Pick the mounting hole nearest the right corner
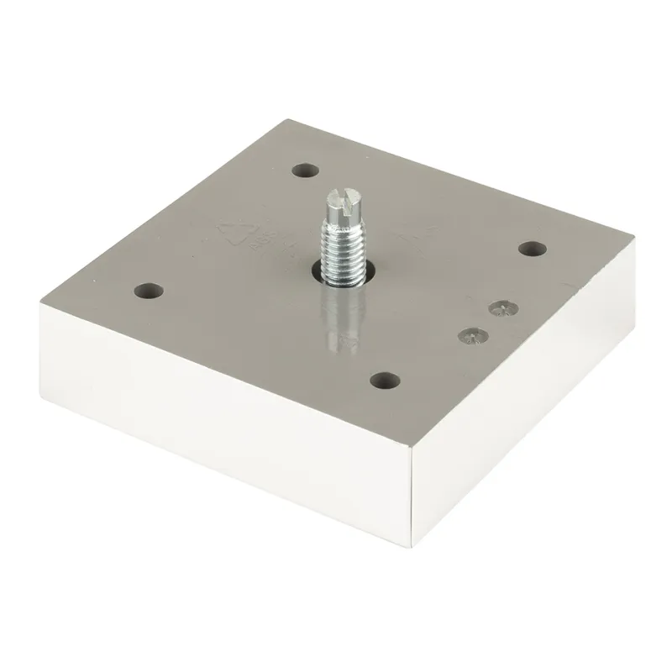[531, 249]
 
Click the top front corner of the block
[417, 450]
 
